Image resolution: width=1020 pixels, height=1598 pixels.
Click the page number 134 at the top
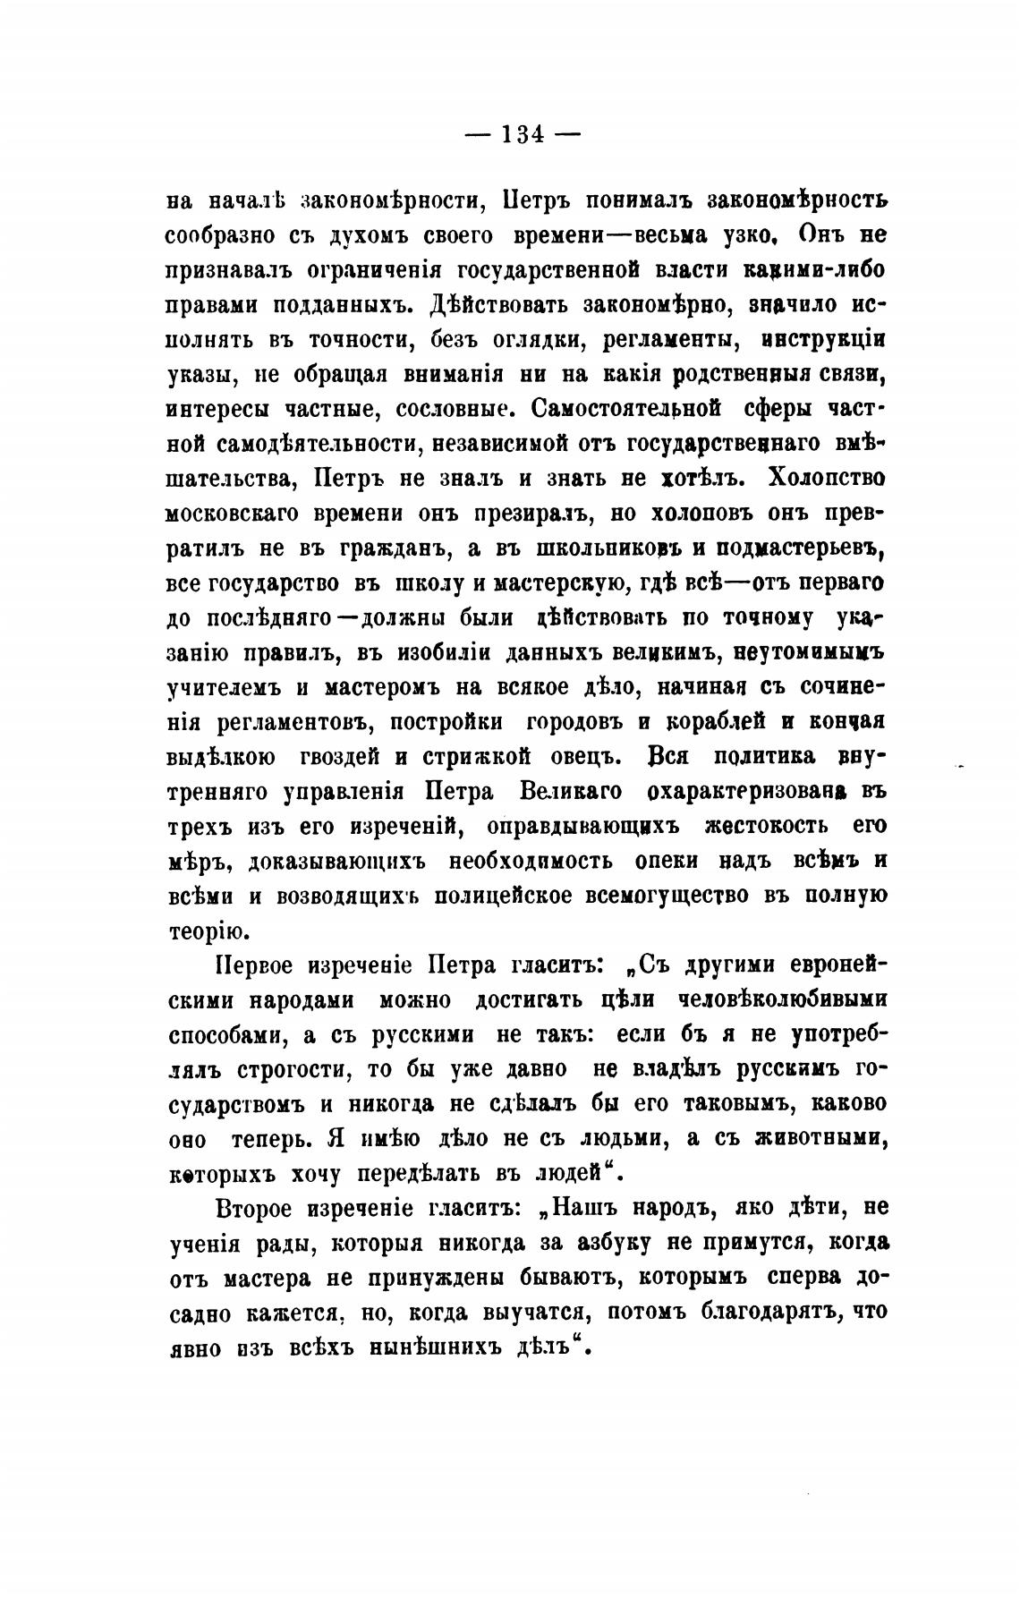(523, 135)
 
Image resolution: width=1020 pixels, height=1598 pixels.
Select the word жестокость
(766, 825)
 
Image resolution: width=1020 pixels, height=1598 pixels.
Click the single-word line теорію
(204, 931)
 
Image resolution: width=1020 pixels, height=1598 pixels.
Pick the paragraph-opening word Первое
(255, 965)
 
